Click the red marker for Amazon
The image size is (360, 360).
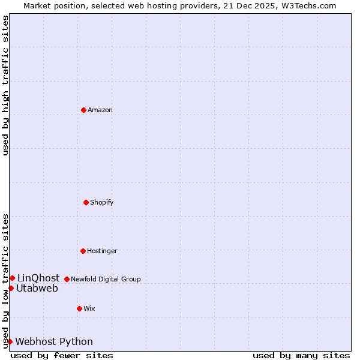83,110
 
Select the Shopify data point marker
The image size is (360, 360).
86,202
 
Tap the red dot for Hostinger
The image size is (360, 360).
83,251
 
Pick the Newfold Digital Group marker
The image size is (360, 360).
67,279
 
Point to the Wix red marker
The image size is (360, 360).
79,308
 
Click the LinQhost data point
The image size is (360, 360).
12,278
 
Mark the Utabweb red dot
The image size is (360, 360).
11,288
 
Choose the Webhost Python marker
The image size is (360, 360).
10,341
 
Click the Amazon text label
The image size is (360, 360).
100,110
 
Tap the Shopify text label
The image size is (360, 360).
102,202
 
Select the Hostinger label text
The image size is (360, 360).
102,251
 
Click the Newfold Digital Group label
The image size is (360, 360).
106,279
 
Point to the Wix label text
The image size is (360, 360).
89,308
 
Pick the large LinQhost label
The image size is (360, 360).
38,278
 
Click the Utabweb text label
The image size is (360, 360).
37,288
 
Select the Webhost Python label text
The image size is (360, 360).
54,341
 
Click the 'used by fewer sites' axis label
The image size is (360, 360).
62,355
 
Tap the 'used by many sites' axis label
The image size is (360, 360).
301,355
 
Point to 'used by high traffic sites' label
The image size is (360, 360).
5,85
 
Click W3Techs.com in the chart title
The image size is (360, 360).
307,5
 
